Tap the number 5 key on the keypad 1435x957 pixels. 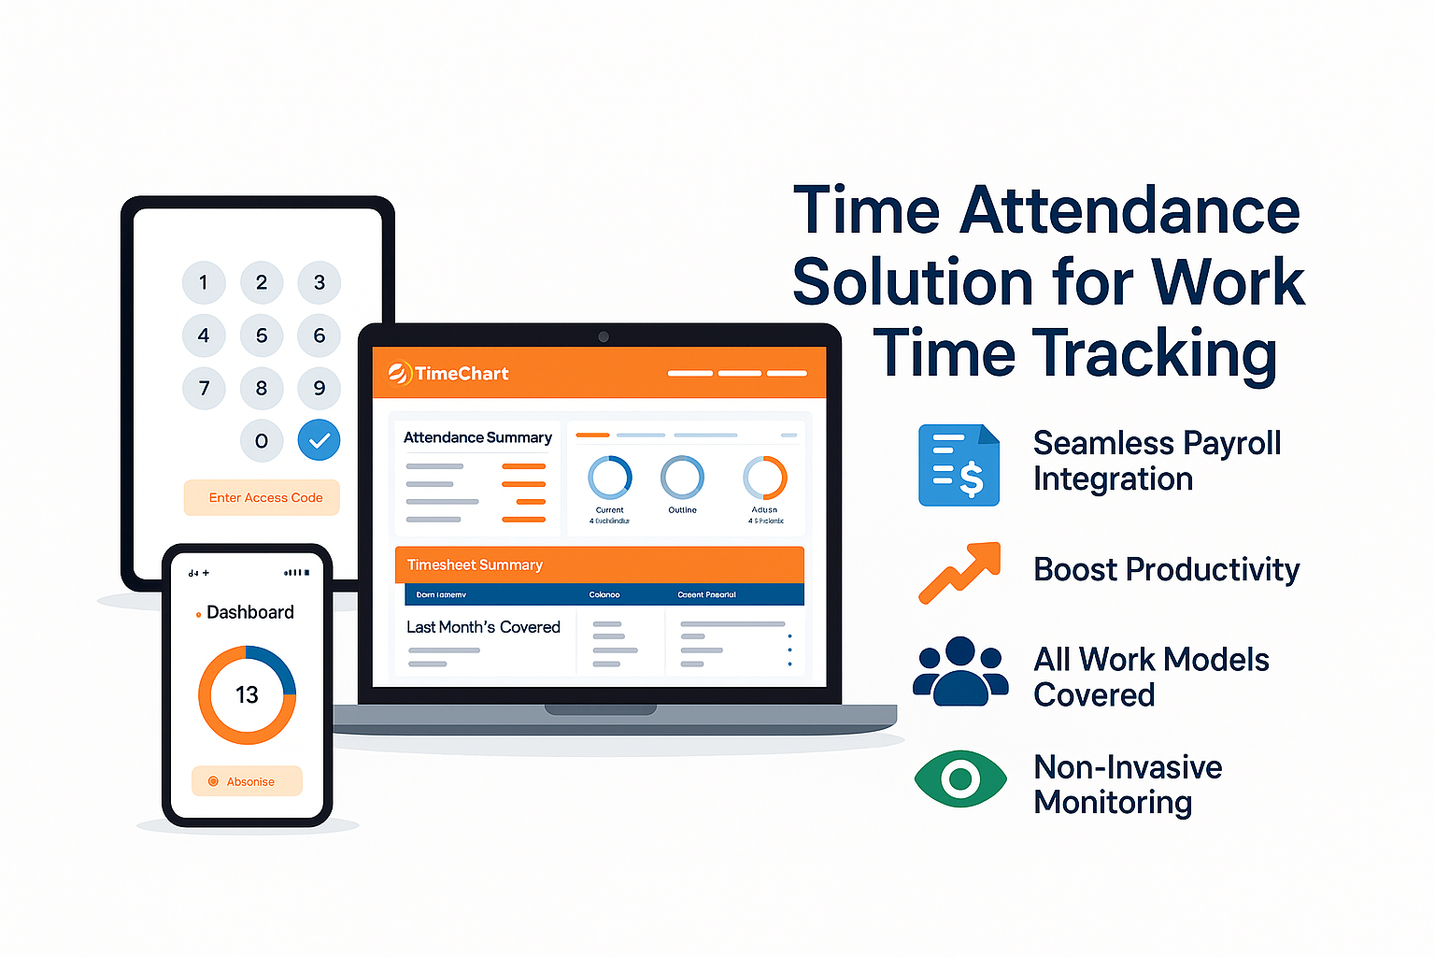tap(262, 336)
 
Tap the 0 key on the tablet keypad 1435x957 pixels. tap(262, 441)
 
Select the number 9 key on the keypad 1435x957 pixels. tap(320, 388)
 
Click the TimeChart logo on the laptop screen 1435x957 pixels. tap(448, 374)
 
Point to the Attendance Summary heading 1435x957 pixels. tap(477, 437)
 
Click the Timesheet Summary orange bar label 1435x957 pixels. tap(475, 565)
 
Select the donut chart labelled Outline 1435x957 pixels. tap(682, 478)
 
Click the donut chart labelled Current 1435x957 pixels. tap(609, 478)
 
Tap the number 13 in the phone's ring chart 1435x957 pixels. tap(247, 695)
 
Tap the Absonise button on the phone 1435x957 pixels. tap(247, 781)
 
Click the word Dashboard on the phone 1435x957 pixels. tap(249, 612)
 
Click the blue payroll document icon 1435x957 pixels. tap(959, 465)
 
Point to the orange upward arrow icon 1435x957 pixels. tap(959, 571)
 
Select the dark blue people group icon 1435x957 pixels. tap(959, 671)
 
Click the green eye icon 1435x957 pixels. tap(960, 778)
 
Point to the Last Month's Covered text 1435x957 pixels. tap(483, 627)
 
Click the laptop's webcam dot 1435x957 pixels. tap(604, 336)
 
